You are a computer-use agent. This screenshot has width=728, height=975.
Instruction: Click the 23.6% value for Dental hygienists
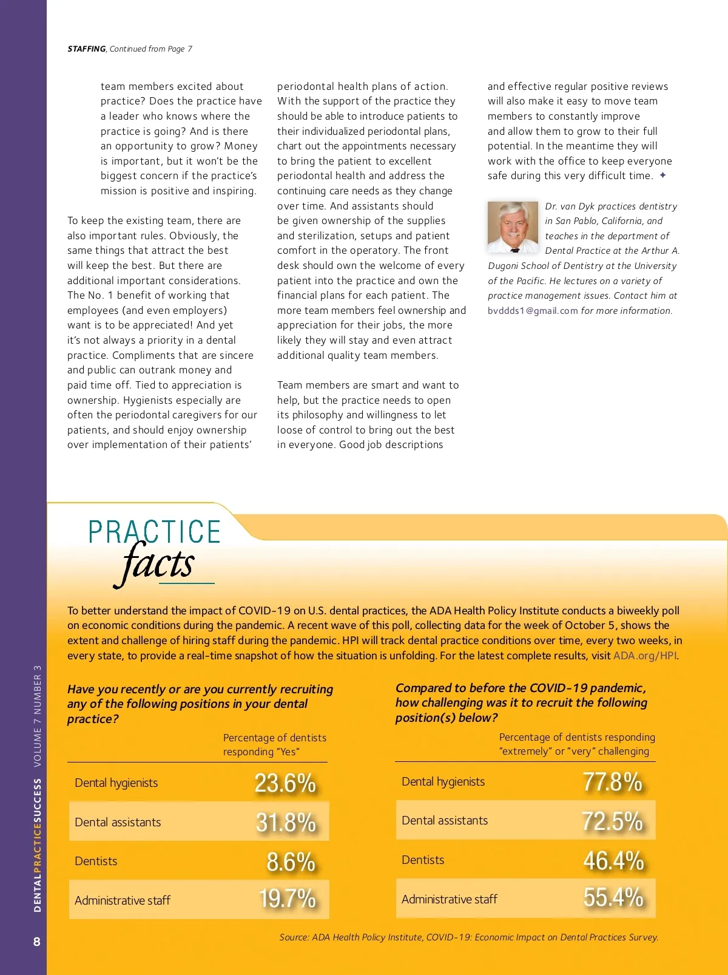[x=285, y=783]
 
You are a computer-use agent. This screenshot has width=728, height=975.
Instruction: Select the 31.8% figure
[x=286, y=823]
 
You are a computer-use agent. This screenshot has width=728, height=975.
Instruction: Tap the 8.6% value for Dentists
[x=291, y=862]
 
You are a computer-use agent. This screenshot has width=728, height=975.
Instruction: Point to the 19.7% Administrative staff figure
[x=287, y=899]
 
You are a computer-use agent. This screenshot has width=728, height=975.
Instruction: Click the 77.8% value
[x=612, y=782]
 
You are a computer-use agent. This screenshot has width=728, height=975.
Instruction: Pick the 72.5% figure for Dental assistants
[x=612, y=821]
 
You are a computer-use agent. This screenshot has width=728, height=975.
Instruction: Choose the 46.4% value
[x=613, y=861]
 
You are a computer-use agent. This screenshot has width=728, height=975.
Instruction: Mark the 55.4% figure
[x=613, y=898]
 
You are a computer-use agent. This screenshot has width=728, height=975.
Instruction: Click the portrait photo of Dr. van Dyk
[x=513, y=227]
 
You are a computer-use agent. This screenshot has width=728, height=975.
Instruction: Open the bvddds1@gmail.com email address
[x=533, y=311]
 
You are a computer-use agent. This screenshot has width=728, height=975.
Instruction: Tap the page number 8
[x=37, y=942]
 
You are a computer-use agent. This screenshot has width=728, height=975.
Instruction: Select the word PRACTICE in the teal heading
[x=155, y=532]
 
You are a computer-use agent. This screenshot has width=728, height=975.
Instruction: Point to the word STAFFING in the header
[x=86, y=49]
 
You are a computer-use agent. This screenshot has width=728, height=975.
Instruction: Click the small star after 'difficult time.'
[x=663, y=175]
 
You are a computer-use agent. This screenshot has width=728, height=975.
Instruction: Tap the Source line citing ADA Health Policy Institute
[x=468, y=937]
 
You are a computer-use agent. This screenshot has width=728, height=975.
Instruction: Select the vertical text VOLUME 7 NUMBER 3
[x=38, y=716]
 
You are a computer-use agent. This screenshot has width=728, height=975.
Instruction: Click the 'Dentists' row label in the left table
[x=96, y=861]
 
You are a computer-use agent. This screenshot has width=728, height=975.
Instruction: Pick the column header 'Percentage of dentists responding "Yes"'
[x=274, y=745]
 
